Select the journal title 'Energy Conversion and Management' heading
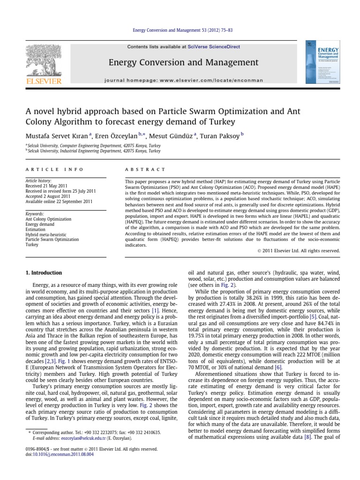(x=183, y=62)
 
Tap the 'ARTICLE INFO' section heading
(x=54, y=169)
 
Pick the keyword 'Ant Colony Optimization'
(x=49, y=219)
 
